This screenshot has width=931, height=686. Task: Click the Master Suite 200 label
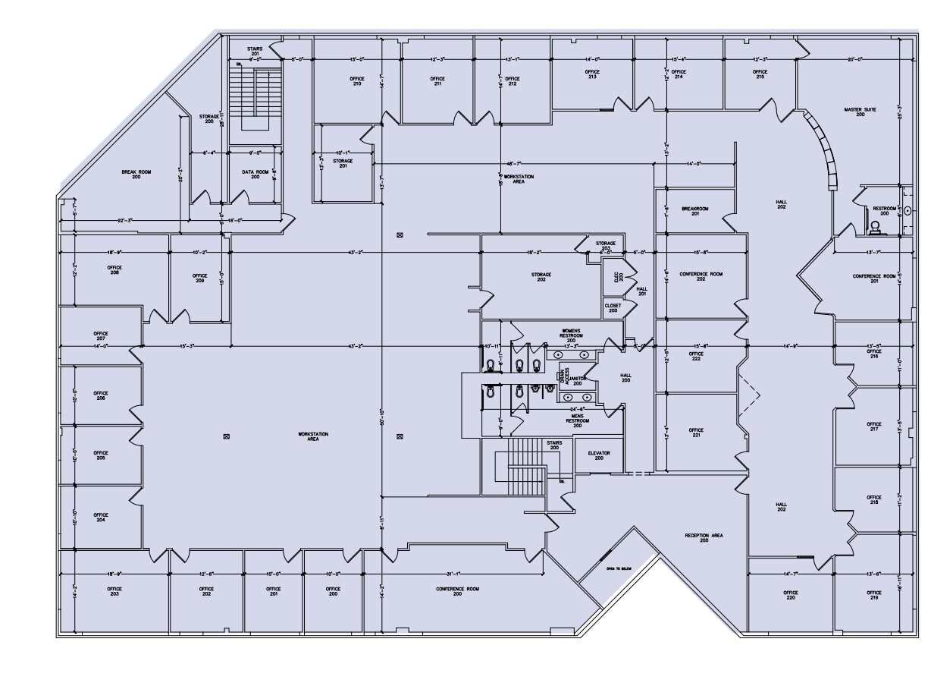(860, 112)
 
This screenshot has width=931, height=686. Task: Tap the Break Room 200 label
(136, 175)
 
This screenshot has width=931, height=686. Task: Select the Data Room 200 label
(255, 175)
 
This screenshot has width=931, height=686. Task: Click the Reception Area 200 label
(704, 538)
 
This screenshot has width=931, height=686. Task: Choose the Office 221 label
(696, 433)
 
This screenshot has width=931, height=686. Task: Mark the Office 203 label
(114, 591)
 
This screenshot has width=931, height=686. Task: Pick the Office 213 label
(592, 74)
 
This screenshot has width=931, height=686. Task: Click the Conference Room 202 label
(701, 276)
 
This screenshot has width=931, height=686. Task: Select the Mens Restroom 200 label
(577, 423)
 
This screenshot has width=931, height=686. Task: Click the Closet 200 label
(613, 308)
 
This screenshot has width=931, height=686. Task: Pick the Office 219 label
(874, 595)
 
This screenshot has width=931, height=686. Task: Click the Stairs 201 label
(255, 52)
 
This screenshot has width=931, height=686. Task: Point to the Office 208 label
(114, 270)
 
